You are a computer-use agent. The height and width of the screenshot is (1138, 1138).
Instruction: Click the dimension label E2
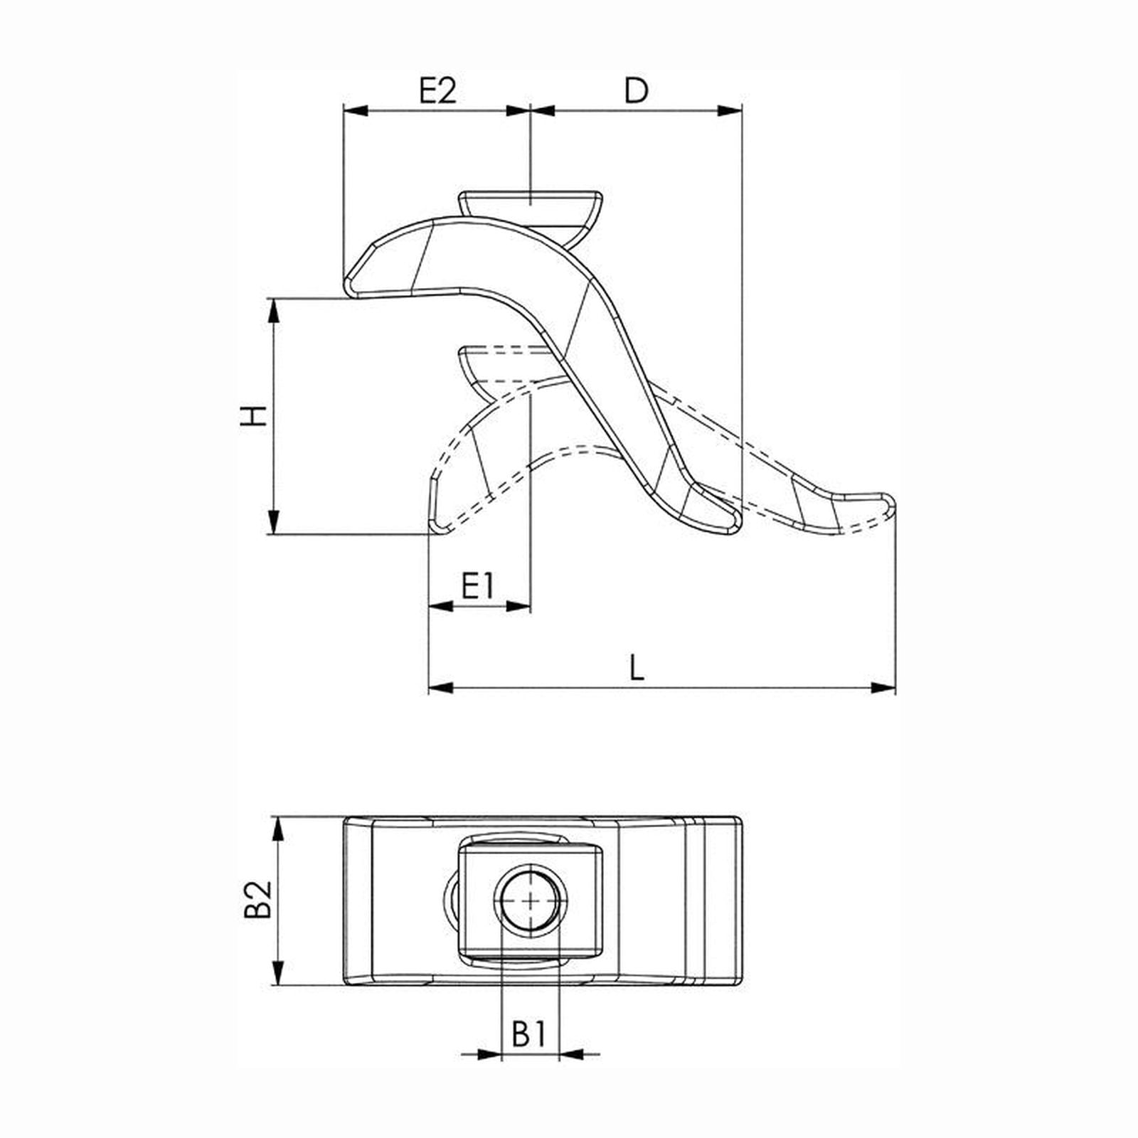coord(437,91)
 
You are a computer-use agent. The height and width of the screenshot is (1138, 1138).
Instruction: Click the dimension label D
coord(637,91)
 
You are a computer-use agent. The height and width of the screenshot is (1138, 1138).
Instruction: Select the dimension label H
coord(253,415)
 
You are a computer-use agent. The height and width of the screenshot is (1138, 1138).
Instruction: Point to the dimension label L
coord(637,668)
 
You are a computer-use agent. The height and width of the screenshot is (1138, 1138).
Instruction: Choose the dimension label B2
coord(258,899)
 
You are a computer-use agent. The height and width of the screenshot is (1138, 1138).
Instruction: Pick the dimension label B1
coord(529,1035)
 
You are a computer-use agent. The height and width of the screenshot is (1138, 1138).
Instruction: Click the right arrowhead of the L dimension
coord(884,688)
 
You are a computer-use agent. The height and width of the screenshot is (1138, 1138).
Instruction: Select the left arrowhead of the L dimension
coord(440,688)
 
